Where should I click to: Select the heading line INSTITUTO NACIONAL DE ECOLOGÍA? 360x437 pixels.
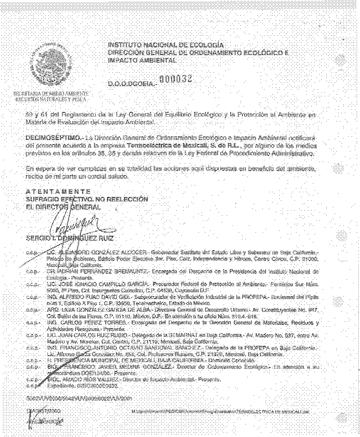point(166,45)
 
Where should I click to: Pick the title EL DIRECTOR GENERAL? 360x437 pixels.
point(64,207)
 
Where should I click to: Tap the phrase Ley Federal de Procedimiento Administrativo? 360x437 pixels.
point(261,154)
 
